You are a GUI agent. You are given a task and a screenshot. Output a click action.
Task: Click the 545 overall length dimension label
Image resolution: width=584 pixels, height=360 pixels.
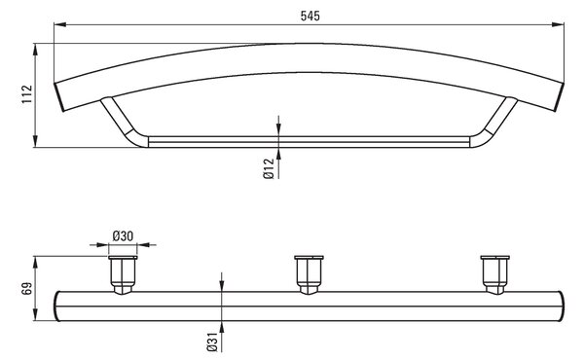pos(310,16)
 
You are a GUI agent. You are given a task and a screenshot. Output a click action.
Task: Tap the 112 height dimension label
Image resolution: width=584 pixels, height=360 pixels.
pos(27,94)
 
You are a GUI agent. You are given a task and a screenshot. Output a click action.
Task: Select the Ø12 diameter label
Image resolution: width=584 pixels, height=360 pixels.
pos(269,168)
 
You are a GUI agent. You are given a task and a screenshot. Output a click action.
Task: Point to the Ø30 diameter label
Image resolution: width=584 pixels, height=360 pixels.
pos(123,236)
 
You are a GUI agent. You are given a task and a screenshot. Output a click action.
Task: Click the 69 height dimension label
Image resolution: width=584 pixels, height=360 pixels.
pos(27,289)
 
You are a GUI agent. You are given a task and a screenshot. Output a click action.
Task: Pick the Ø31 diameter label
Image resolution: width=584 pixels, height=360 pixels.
pos(212,342)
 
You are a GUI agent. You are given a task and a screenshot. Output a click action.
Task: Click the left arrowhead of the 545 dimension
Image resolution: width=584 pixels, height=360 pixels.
pos(60,24)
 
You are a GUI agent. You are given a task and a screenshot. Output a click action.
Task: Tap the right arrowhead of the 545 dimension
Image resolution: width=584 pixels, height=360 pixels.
pos(558,24)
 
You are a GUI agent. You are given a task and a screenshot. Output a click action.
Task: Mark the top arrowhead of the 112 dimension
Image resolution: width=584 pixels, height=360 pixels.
pos(35,50)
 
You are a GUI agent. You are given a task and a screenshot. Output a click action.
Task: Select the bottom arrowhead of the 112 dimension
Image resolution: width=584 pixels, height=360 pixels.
pos(35,141)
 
